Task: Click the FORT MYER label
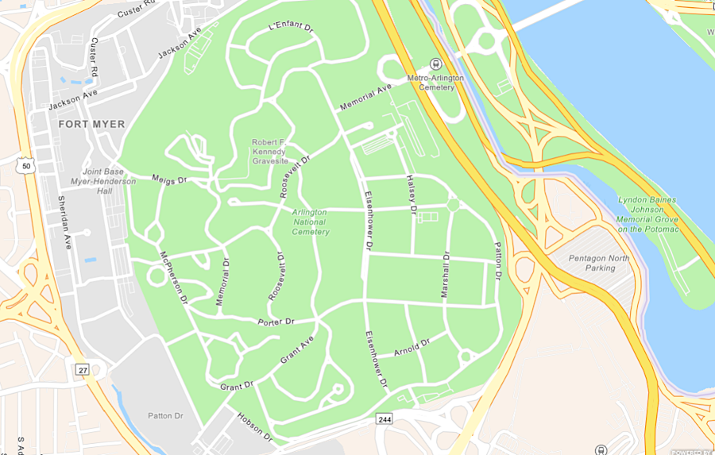91,125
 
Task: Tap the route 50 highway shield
26,165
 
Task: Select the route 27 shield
83,369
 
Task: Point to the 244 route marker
385,418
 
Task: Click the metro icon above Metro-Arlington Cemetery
435,64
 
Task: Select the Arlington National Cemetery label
310,222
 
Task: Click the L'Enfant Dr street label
292,26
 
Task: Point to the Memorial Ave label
366,97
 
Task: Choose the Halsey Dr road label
412,195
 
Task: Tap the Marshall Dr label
446,276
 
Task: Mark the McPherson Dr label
173,279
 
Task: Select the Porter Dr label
276,322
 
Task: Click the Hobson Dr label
255,428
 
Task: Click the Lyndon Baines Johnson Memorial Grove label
649,214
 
